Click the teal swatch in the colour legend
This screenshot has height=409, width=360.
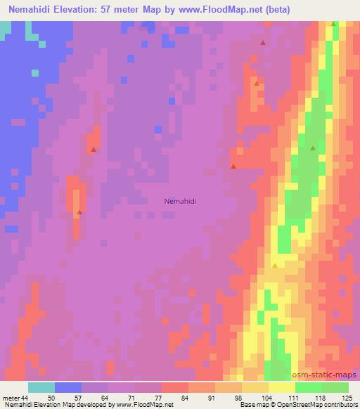(x=41, y=387)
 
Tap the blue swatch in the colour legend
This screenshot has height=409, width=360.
(x=68, y=387)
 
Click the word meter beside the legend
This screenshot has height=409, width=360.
(x=10, y=398)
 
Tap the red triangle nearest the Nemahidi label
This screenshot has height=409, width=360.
(x=233, y=167)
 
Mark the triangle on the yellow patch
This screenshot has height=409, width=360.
(x=275, y=266)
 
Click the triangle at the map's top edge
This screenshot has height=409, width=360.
(x=334, y=24)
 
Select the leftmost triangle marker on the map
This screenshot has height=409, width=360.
(x=79, y=212)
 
